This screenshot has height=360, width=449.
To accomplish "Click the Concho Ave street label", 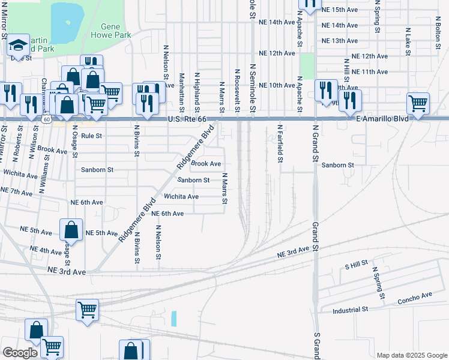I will [415, 296].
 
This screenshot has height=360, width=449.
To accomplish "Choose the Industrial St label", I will [351, 310].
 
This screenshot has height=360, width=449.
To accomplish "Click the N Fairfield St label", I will [280, 144].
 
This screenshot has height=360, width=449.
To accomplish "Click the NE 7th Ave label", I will [17, 191].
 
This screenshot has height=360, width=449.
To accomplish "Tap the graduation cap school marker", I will [19, 44].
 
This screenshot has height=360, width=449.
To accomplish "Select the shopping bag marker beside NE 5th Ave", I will [71, 229].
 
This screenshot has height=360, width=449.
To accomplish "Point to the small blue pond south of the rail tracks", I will [174, 318].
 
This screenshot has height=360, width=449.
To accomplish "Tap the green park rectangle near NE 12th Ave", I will [307, 65].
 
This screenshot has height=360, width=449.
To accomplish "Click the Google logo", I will [20, 353].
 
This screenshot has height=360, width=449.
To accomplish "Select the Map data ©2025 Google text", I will [411, 355].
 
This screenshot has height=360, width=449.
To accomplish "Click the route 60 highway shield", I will [46, 120].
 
